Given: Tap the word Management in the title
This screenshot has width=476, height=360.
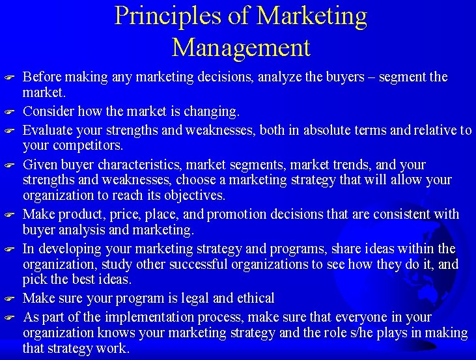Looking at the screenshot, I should pos(241,47).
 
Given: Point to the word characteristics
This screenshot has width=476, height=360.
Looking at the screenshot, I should pos(139,165).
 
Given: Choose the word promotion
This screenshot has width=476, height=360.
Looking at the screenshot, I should pos(242,214).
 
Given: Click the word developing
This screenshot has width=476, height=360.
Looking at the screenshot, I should pos(64,249).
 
